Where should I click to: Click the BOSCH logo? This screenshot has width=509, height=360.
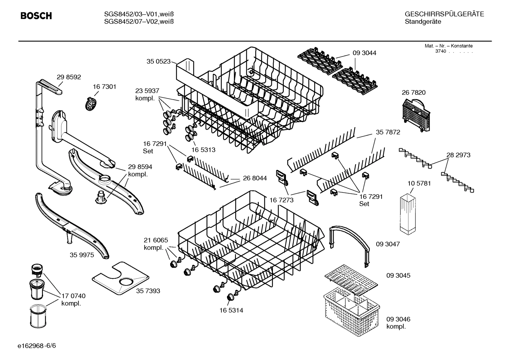(x=36, y=16)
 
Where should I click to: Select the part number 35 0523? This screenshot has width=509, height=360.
(x=158, y=61)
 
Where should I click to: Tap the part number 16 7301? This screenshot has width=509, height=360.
(x=104, y=87)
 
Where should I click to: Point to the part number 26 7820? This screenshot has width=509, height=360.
(x=413, y=93)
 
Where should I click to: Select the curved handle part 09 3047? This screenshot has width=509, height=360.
(x=349, y=244)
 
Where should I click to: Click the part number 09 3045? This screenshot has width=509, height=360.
(x=398, y=275)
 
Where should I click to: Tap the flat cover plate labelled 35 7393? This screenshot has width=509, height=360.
(x=120, y=278)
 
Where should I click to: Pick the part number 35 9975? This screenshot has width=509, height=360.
(x=82, y=255)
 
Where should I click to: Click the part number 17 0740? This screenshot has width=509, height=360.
(x=73, y=296)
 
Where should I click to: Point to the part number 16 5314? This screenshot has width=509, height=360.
(x=231, y=311)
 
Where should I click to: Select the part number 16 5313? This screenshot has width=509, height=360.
(x=203, y=150)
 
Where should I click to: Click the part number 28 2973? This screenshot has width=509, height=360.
(x=458, y=155)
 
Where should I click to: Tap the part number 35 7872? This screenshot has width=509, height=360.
(x=388, y=132)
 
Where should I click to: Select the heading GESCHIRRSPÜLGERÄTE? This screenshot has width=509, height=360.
(x=444, y=14)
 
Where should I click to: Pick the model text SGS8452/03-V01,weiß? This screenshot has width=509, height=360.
(x=139, y=14)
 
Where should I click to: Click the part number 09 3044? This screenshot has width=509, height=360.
(x=364, y=53)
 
